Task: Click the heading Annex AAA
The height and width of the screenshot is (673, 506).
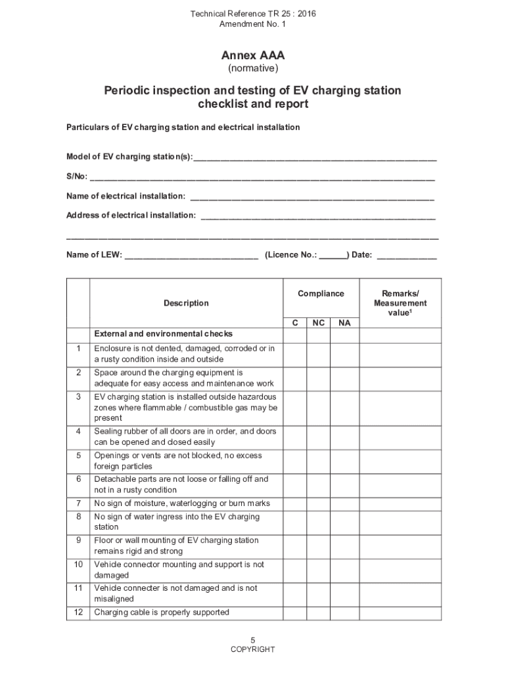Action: pos(253,56)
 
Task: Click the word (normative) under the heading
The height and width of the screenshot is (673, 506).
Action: pos(253,68)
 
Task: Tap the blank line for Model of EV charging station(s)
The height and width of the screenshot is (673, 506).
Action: pos(315,157)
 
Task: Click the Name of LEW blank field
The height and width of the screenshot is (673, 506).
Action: pos(191,255)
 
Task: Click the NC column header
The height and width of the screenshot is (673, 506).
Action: pos(318,323)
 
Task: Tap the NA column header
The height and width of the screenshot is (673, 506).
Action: pos(344,323)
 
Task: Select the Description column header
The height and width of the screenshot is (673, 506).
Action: pos(186,303)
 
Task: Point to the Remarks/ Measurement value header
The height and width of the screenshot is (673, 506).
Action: pos(400,303)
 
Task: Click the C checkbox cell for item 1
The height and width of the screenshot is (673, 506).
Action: pos(295,354)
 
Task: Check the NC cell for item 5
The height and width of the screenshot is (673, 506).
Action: pos(318,461)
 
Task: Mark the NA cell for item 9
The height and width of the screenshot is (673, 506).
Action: pos(344,545)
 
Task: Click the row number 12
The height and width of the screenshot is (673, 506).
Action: pos(78,613)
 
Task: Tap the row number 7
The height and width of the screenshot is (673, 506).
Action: pos(78,503)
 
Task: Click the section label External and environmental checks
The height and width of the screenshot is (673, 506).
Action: pos(163,334)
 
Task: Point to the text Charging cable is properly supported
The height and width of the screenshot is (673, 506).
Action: pos(162,613)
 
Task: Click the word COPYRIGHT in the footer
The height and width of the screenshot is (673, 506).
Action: pos(253,650)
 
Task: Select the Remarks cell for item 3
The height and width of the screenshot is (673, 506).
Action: pos(400,407)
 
